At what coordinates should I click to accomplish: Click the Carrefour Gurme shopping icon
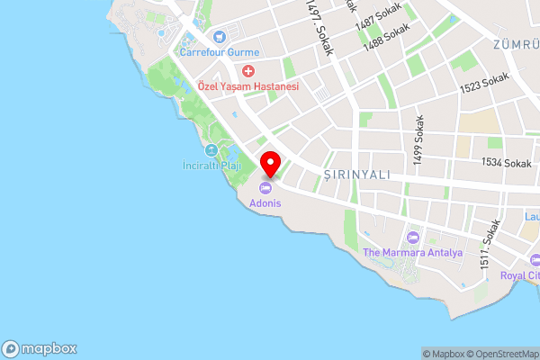[x=220, y=38]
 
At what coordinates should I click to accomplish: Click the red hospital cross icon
[x=248, y=70]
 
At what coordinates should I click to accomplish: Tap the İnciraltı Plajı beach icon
[x=211, y=149]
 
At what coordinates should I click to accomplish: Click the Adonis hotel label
[x=266, y=203]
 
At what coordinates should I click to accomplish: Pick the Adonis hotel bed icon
[x=265, y=188]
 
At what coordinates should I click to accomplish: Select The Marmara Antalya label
[x=412, y=253]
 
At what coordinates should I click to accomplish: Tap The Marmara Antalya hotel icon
[x=413, y=238]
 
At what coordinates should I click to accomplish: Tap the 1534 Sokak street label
[x=506, y=163]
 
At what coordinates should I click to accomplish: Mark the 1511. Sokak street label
[x=490, y=245]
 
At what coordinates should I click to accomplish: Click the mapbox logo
[x=40, y=349]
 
